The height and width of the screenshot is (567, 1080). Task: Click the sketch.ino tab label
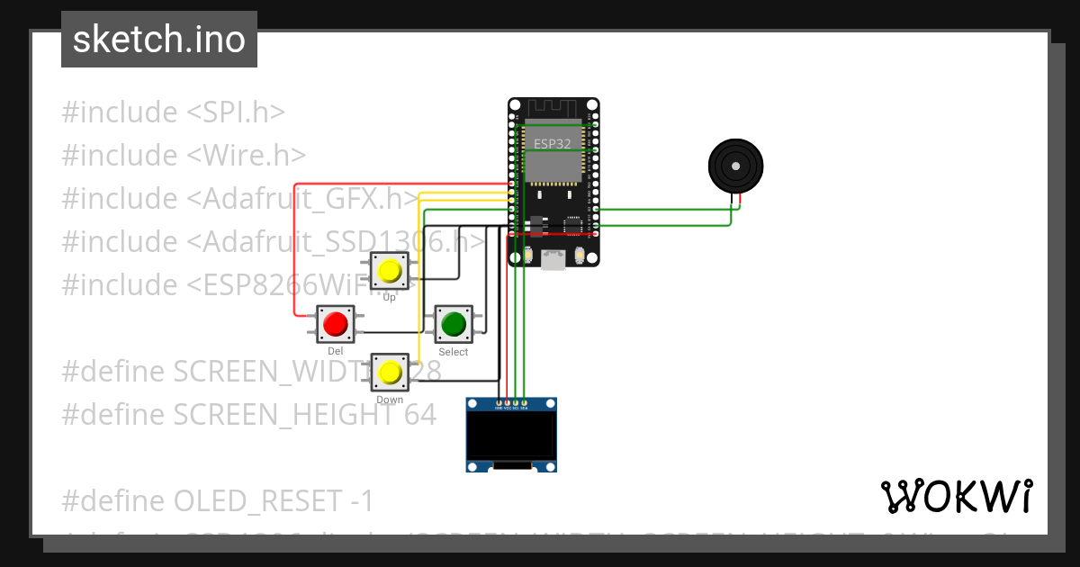coord(159,40)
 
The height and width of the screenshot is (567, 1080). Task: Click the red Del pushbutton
coord(336,324)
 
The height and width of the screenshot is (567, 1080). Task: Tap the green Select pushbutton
coord(454,324)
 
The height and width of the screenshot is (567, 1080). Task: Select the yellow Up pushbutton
coord(390,271)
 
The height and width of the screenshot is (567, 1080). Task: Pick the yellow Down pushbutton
coord(390,372)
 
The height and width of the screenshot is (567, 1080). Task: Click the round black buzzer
coord(736,166)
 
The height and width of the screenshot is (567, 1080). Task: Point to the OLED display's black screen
coord(510,435)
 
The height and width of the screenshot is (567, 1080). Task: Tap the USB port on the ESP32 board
coord(553,259)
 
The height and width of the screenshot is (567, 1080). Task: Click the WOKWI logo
coord(956,496)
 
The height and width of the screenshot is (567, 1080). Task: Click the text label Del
coord(336,351)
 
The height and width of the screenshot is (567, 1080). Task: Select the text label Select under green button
coord(454,352)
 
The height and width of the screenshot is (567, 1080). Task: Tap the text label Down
coord(390,400)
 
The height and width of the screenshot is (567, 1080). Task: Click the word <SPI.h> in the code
coord(236,112)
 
